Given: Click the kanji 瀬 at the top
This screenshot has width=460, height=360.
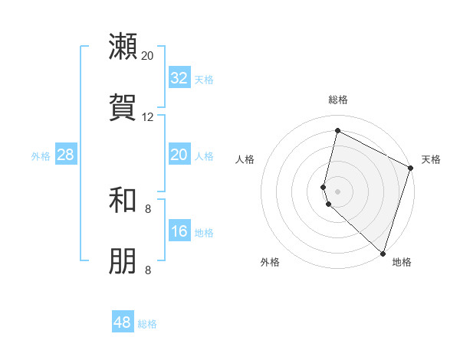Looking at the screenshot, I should coord(123,47).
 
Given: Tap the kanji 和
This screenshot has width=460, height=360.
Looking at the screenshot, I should coord(123,201).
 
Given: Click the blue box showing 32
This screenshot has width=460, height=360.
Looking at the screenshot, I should coord(179,78).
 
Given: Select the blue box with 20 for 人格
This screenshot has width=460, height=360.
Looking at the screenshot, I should coord(179,155).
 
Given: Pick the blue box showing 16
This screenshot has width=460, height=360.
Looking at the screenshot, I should coord(179,231).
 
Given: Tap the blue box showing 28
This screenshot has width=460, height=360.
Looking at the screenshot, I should coord(66,155).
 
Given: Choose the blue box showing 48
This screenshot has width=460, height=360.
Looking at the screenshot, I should coord(123,322).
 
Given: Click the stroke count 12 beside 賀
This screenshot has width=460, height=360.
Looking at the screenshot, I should coord(147,117).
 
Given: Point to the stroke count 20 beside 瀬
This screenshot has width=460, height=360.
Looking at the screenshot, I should coord(147,56).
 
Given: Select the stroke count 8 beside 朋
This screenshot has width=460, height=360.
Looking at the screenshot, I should coord(147,270).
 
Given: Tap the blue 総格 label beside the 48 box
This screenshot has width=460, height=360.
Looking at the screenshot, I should coord(147,324).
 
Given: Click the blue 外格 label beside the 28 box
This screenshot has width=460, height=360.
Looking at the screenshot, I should coord(41,156).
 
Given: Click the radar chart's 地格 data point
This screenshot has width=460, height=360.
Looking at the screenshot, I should coord(383,253).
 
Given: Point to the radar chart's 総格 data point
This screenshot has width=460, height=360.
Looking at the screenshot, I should coord(337,131).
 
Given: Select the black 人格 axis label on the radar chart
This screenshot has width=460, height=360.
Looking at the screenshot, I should coord(245,159).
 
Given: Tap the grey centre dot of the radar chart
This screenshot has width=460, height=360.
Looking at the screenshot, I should coord(337,191).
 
